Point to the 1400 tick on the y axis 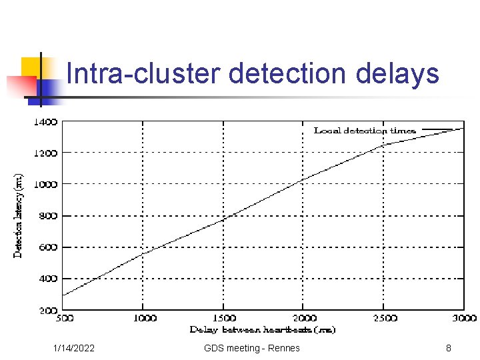coord(45,122)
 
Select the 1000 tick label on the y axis coord(45,184)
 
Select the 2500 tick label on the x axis coord(384,319)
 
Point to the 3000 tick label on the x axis coord(464,319)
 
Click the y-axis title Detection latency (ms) coord(19,215)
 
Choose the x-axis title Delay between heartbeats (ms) coord(262,330)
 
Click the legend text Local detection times coord(365,131)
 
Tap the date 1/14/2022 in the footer coord(74,348)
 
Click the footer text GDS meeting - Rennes coord(252,348)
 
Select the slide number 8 coord(449,348)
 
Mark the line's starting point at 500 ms coord(63,295)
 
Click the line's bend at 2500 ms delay coord(384,144)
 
